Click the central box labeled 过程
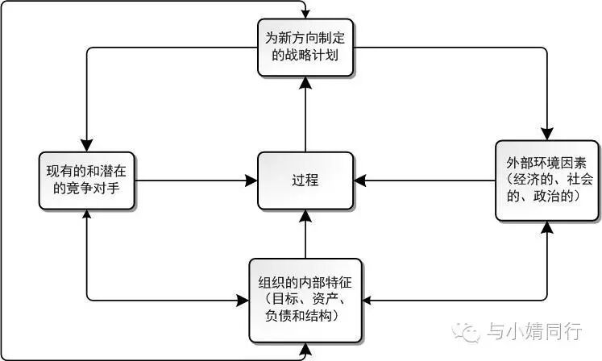pyautogui.click(x=305, y=180)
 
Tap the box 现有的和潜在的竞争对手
pyautogui.click(x=87, y=180)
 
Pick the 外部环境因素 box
pyautogui.click(x=547, y=180)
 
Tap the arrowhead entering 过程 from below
pyautogui.click(x=305, y=212)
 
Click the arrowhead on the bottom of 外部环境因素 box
pyautogui.click(x=547, y=226)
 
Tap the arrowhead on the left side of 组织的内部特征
pyautogui.click(x=243, y=301)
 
